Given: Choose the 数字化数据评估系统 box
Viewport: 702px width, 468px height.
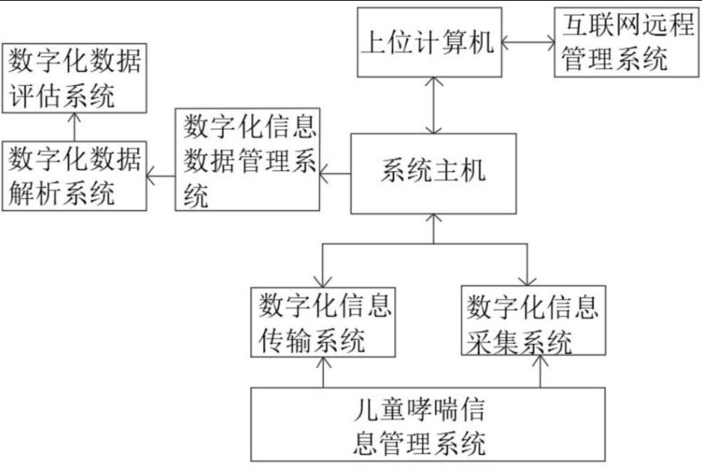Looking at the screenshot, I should [74, 78].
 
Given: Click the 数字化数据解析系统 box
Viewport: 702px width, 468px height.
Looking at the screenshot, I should [74, 177].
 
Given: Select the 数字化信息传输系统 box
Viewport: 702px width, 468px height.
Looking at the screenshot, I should [323, 321].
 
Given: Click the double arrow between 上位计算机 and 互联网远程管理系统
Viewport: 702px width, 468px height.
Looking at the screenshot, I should [529, 42].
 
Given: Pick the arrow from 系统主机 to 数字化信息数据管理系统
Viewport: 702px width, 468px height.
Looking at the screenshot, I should [335, 175].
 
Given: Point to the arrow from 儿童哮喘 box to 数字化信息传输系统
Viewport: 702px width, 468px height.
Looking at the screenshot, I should [323, 372].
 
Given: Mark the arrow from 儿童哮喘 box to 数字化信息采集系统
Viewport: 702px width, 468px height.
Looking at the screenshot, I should [540, 372].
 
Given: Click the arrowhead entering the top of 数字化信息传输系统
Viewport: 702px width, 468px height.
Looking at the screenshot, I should [323, 281].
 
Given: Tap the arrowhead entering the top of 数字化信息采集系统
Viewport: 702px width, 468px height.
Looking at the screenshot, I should [528, 281].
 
